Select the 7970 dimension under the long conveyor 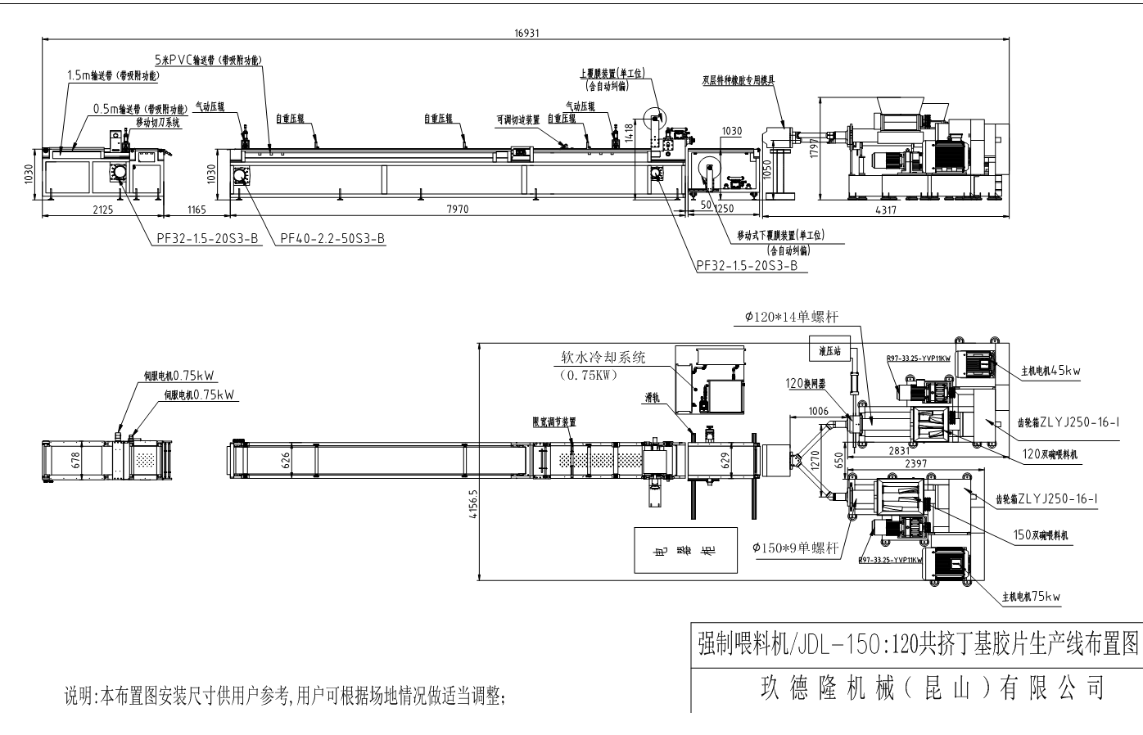458,210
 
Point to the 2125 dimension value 102,210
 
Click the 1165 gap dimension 193,210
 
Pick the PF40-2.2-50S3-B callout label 332,239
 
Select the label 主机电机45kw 1050,371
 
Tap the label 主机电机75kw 1031,597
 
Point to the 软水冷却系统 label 603,358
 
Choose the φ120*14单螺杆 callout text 791,316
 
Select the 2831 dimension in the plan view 898,449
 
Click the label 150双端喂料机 1042,535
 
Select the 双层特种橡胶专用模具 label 738,80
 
